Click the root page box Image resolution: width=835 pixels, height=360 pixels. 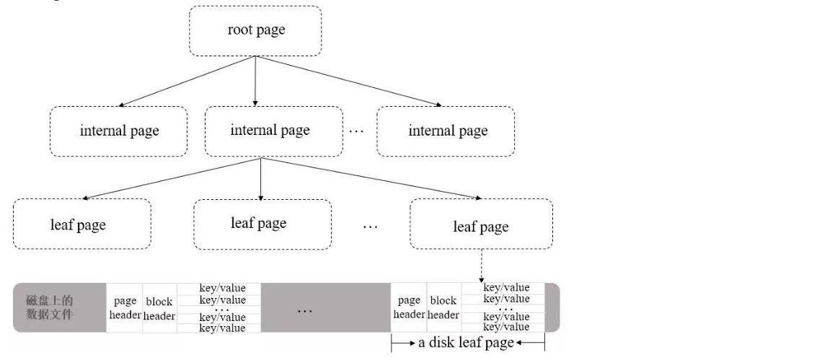pos(255,30)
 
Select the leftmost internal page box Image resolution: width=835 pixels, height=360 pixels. pos(119,131)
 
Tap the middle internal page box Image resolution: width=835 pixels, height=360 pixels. pos(270,131)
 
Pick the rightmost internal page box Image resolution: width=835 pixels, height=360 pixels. pos(448,131)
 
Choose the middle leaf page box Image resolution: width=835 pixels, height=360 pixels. pos(259,223)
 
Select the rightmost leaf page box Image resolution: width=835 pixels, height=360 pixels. pos(480,227)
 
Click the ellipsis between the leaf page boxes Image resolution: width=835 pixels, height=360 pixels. pos(370,227)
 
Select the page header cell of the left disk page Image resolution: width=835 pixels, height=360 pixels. pos(125,307)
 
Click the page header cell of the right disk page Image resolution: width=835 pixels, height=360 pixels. pos(409,307)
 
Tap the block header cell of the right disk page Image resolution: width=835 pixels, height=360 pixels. pos(443,307)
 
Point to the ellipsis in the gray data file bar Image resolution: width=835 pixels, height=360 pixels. pos(304,310)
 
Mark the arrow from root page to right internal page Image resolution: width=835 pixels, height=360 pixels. pos(349,81)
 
